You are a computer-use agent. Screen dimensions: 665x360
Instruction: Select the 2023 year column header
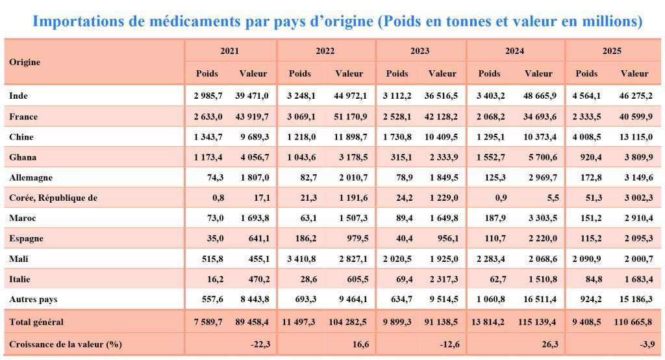(420, 51)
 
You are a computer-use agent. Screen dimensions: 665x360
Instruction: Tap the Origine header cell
(25, 62)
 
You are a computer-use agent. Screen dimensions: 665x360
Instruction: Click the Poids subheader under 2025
(586, 73)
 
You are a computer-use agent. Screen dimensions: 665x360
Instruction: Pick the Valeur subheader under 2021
(253, 73)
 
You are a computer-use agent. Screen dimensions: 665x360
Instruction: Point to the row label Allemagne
(31, 177)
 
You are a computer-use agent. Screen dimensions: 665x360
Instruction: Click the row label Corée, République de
(53, 198)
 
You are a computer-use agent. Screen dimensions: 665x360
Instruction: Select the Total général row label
(36, 322)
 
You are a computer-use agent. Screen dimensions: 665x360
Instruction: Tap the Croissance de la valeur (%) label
(66, 344)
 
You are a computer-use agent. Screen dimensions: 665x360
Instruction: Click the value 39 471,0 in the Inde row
(252, 96)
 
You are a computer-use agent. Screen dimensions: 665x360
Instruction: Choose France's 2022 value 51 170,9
(350, 116)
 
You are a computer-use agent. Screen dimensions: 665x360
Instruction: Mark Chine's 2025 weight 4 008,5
(586, 136)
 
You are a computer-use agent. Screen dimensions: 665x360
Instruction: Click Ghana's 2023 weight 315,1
(401, 157)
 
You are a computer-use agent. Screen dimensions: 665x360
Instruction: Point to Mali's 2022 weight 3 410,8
(301, 259)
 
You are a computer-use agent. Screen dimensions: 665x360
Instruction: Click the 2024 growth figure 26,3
(550, 344)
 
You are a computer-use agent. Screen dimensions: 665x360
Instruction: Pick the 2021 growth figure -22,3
(260, 344)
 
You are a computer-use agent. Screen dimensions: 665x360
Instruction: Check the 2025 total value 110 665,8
(633, 322)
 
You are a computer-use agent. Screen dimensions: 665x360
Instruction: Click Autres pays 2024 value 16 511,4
(540, 300)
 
